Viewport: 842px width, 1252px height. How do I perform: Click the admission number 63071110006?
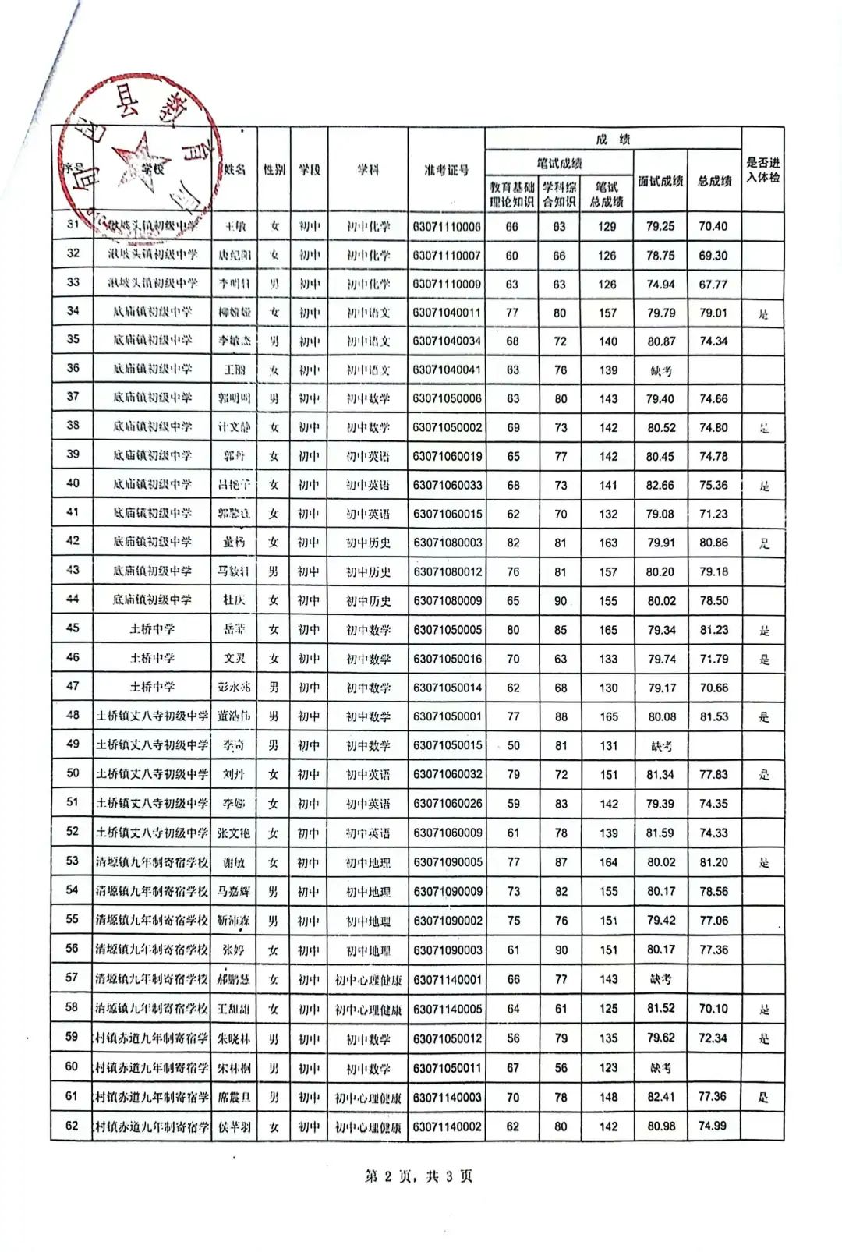(447, 227)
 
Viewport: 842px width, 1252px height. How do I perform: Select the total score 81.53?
(714, 716)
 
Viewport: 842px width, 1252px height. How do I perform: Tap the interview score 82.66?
(660, 485)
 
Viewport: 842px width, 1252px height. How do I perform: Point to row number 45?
(73, 628)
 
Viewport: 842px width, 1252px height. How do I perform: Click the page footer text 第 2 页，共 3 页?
(419, 1176)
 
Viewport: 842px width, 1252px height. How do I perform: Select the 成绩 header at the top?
(613, 140)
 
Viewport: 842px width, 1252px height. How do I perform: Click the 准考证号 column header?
(447, 170)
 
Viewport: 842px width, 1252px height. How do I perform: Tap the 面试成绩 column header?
(660, 181)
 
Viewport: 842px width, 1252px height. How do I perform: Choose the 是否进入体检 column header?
(762, 170)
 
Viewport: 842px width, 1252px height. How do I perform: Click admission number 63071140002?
(448, 1126)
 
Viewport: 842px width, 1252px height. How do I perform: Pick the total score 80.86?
(714, 542)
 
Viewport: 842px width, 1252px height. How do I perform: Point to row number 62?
(72, 1126)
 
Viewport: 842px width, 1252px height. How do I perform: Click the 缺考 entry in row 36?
(660, 370)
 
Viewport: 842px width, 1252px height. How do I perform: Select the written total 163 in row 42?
(608, 543)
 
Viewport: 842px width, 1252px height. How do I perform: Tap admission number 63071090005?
(448, 862)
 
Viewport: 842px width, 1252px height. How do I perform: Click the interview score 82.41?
(660, 1097)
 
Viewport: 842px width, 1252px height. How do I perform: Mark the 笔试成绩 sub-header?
(559, 163)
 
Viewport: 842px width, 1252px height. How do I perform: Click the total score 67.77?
(713, 285)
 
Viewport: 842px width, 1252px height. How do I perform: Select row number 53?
(72, 861)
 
